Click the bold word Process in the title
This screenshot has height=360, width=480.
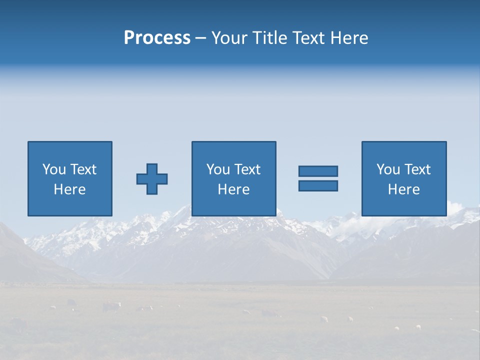coord(157,38)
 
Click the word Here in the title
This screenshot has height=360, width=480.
coord(349,38)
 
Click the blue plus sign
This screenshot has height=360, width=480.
coord(152,178)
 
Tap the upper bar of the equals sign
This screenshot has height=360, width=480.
coord(318,171)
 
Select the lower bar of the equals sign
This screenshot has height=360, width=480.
coord(318,185)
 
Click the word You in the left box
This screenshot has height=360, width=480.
coord(54,169)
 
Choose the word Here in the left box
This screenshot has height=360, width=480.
coord(69,189)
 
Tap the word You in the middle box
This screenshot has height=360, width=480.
coord(218,169)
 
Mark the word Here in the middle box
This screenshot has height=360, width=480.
coord(233,189)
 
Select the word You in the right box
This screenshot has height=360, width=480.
coord(388,169)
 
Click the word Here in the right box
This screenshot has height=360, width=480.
coord(403,189)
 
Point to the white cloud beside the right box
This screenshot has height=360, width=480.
coord(456,206)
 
